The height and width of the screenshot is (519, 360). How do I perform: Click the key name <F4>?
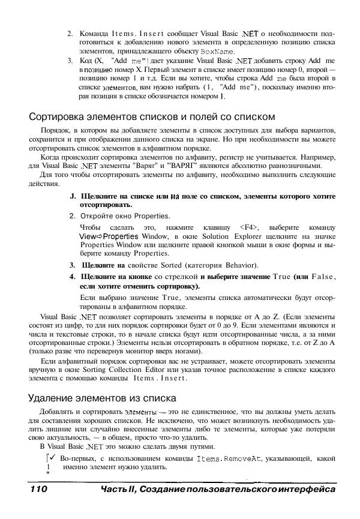248,227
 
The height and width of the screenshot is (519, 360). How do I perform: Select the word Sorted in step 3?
171,265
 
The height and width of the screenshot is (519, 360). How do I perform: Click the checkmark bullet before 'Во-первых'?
52,458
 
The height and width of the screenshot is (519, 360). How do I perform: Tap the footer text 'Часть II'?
118,490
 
